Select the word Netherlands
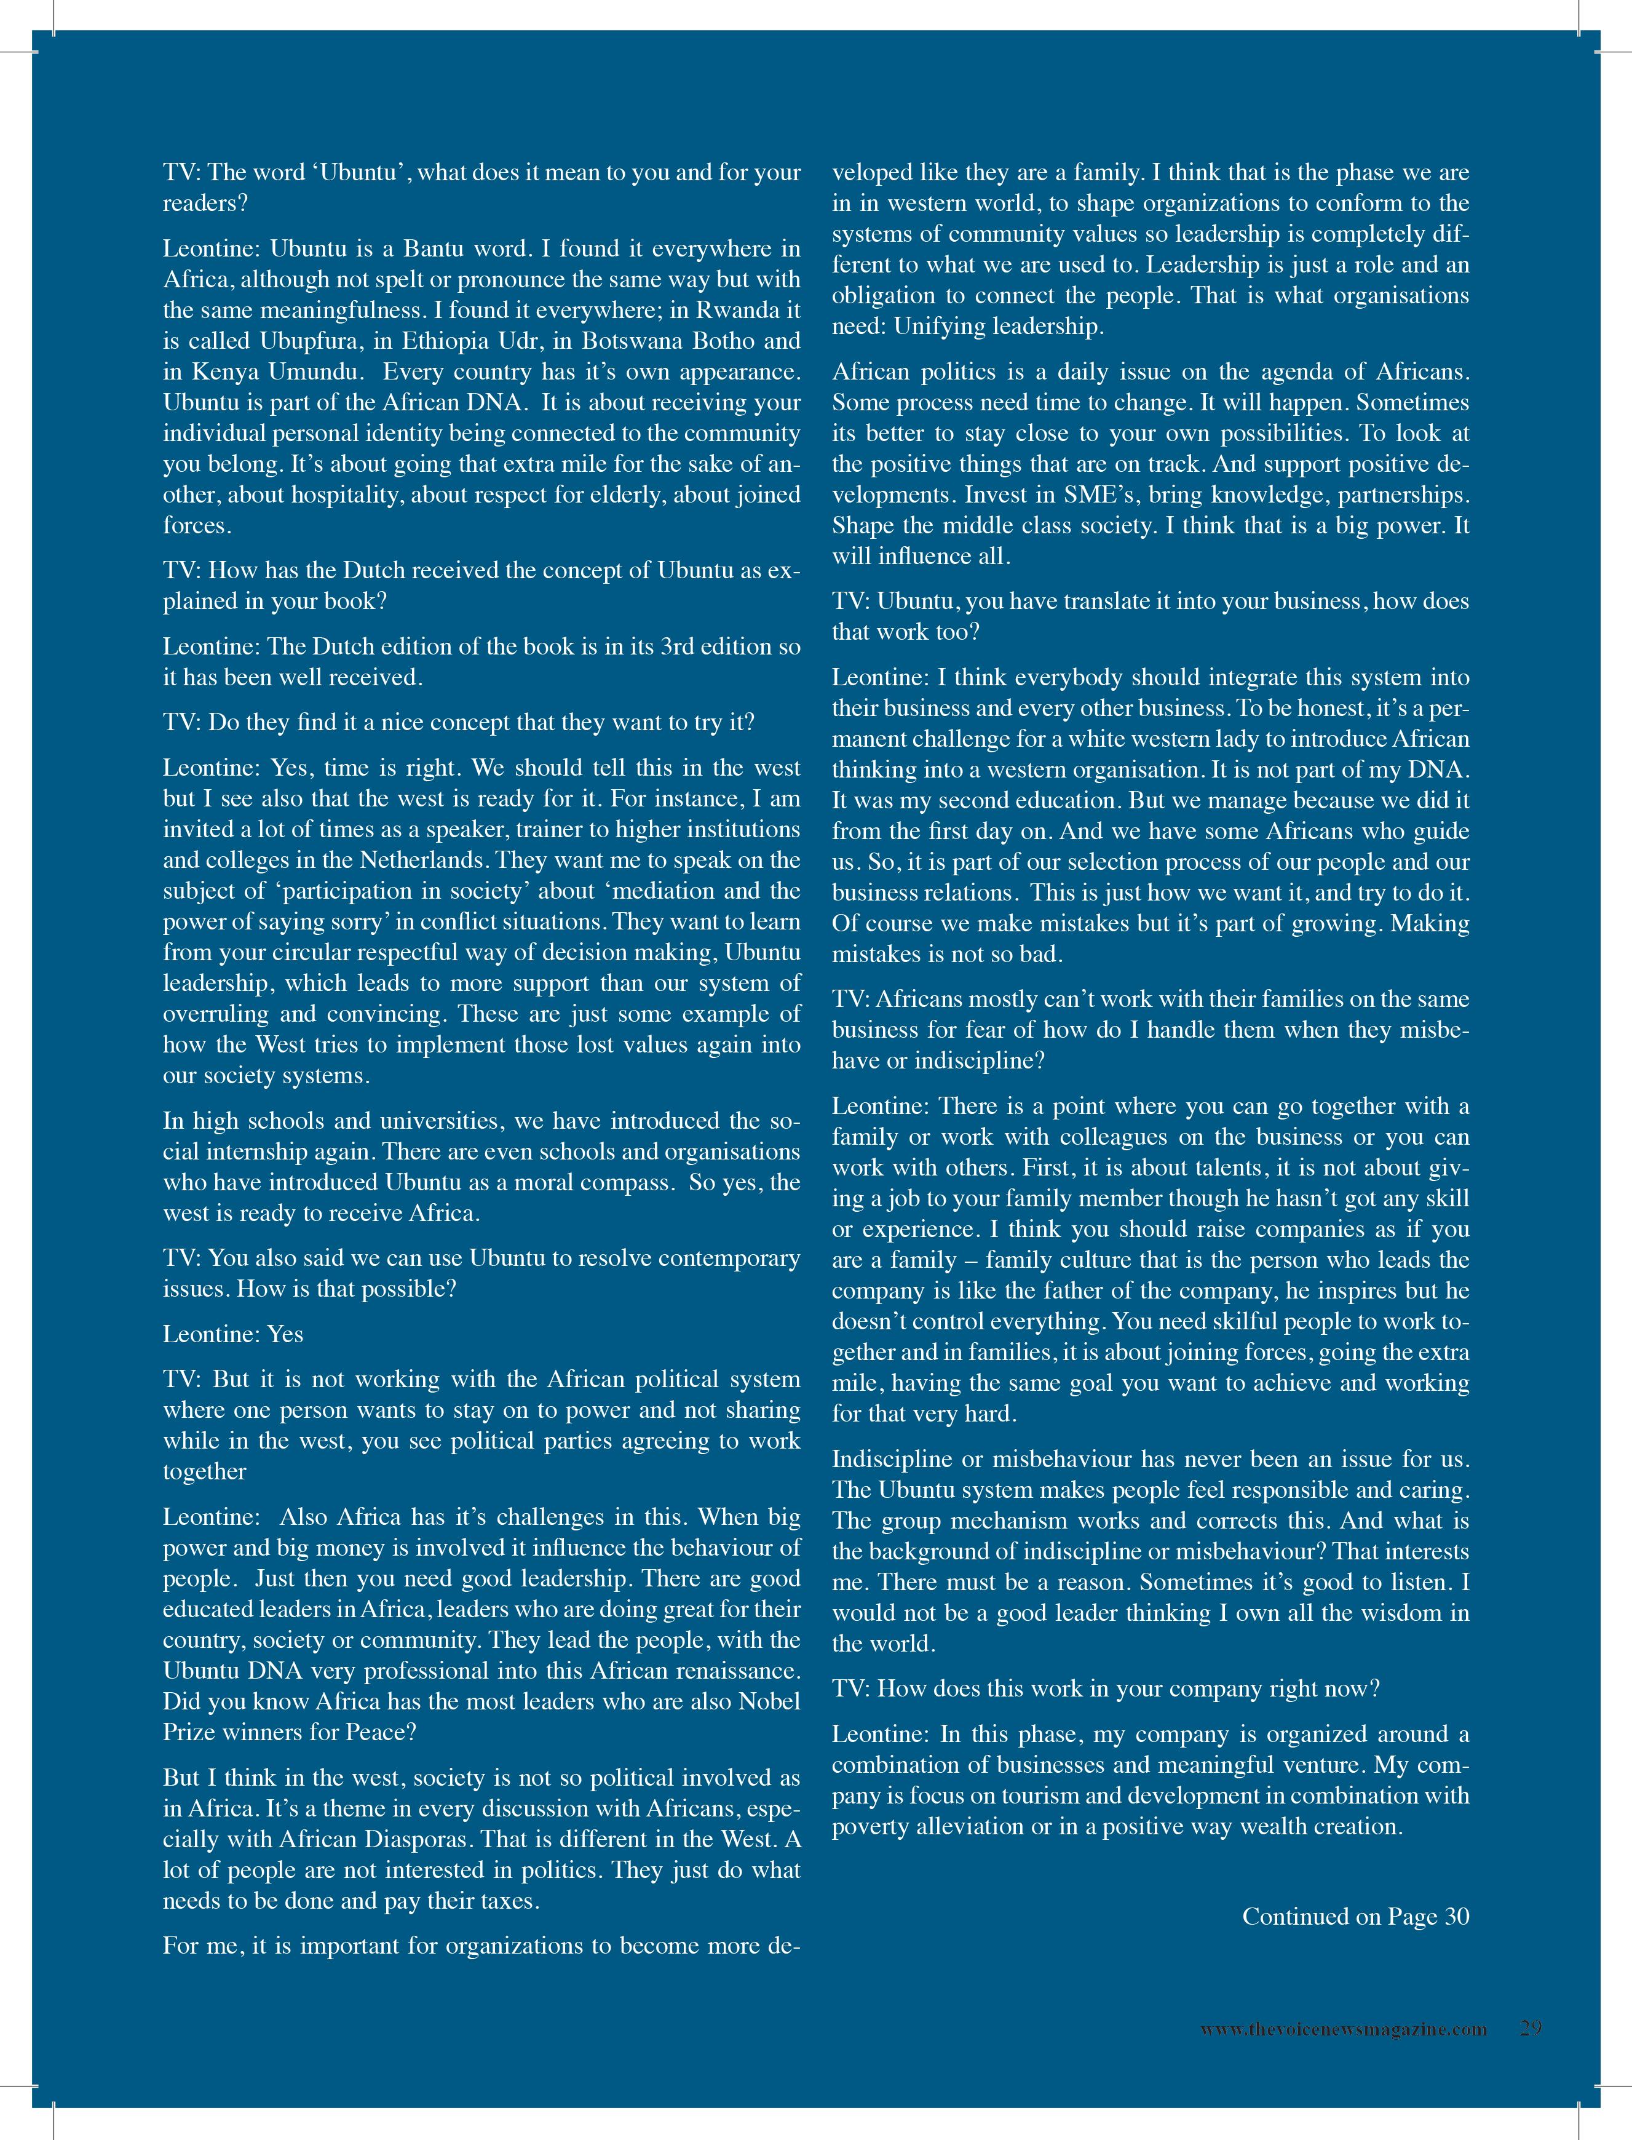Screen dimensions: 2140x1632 point(424,860)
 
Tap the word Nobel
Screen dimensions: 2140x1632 point(769,1701)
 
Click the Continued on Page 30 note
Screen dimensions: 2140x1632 point(1355,1917)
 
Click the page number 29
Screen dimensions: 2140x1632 point(1531,2029)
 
